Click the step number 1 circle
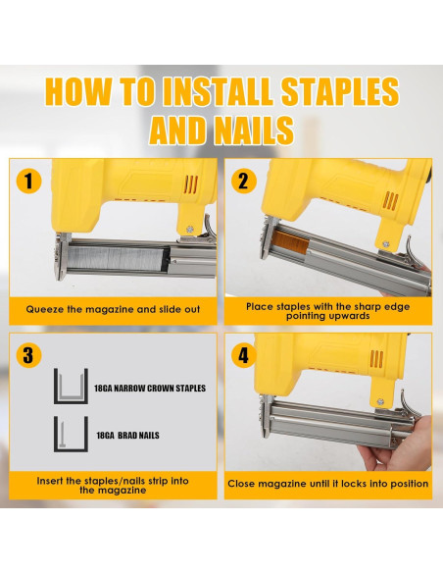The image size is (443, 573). pyautogui.click(x=30, y=182)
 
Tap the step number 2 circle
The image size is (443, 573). pyautogui.click(x=245, y=182)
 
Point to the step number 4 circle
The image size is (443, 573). pyautogui.click(x=244, y=355)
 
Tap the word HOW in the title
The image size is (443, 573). pyautogui.click(x=85, y=91)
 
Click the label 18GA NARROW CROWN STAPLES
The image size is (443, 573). pyautogui.click(x=151, y=389)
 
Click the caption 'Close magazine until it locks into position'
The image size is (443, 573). pyautogui.click(x=327, y=484)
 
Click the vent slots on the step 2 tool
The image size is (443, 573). pyautogui.click(x=389, y=199)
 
